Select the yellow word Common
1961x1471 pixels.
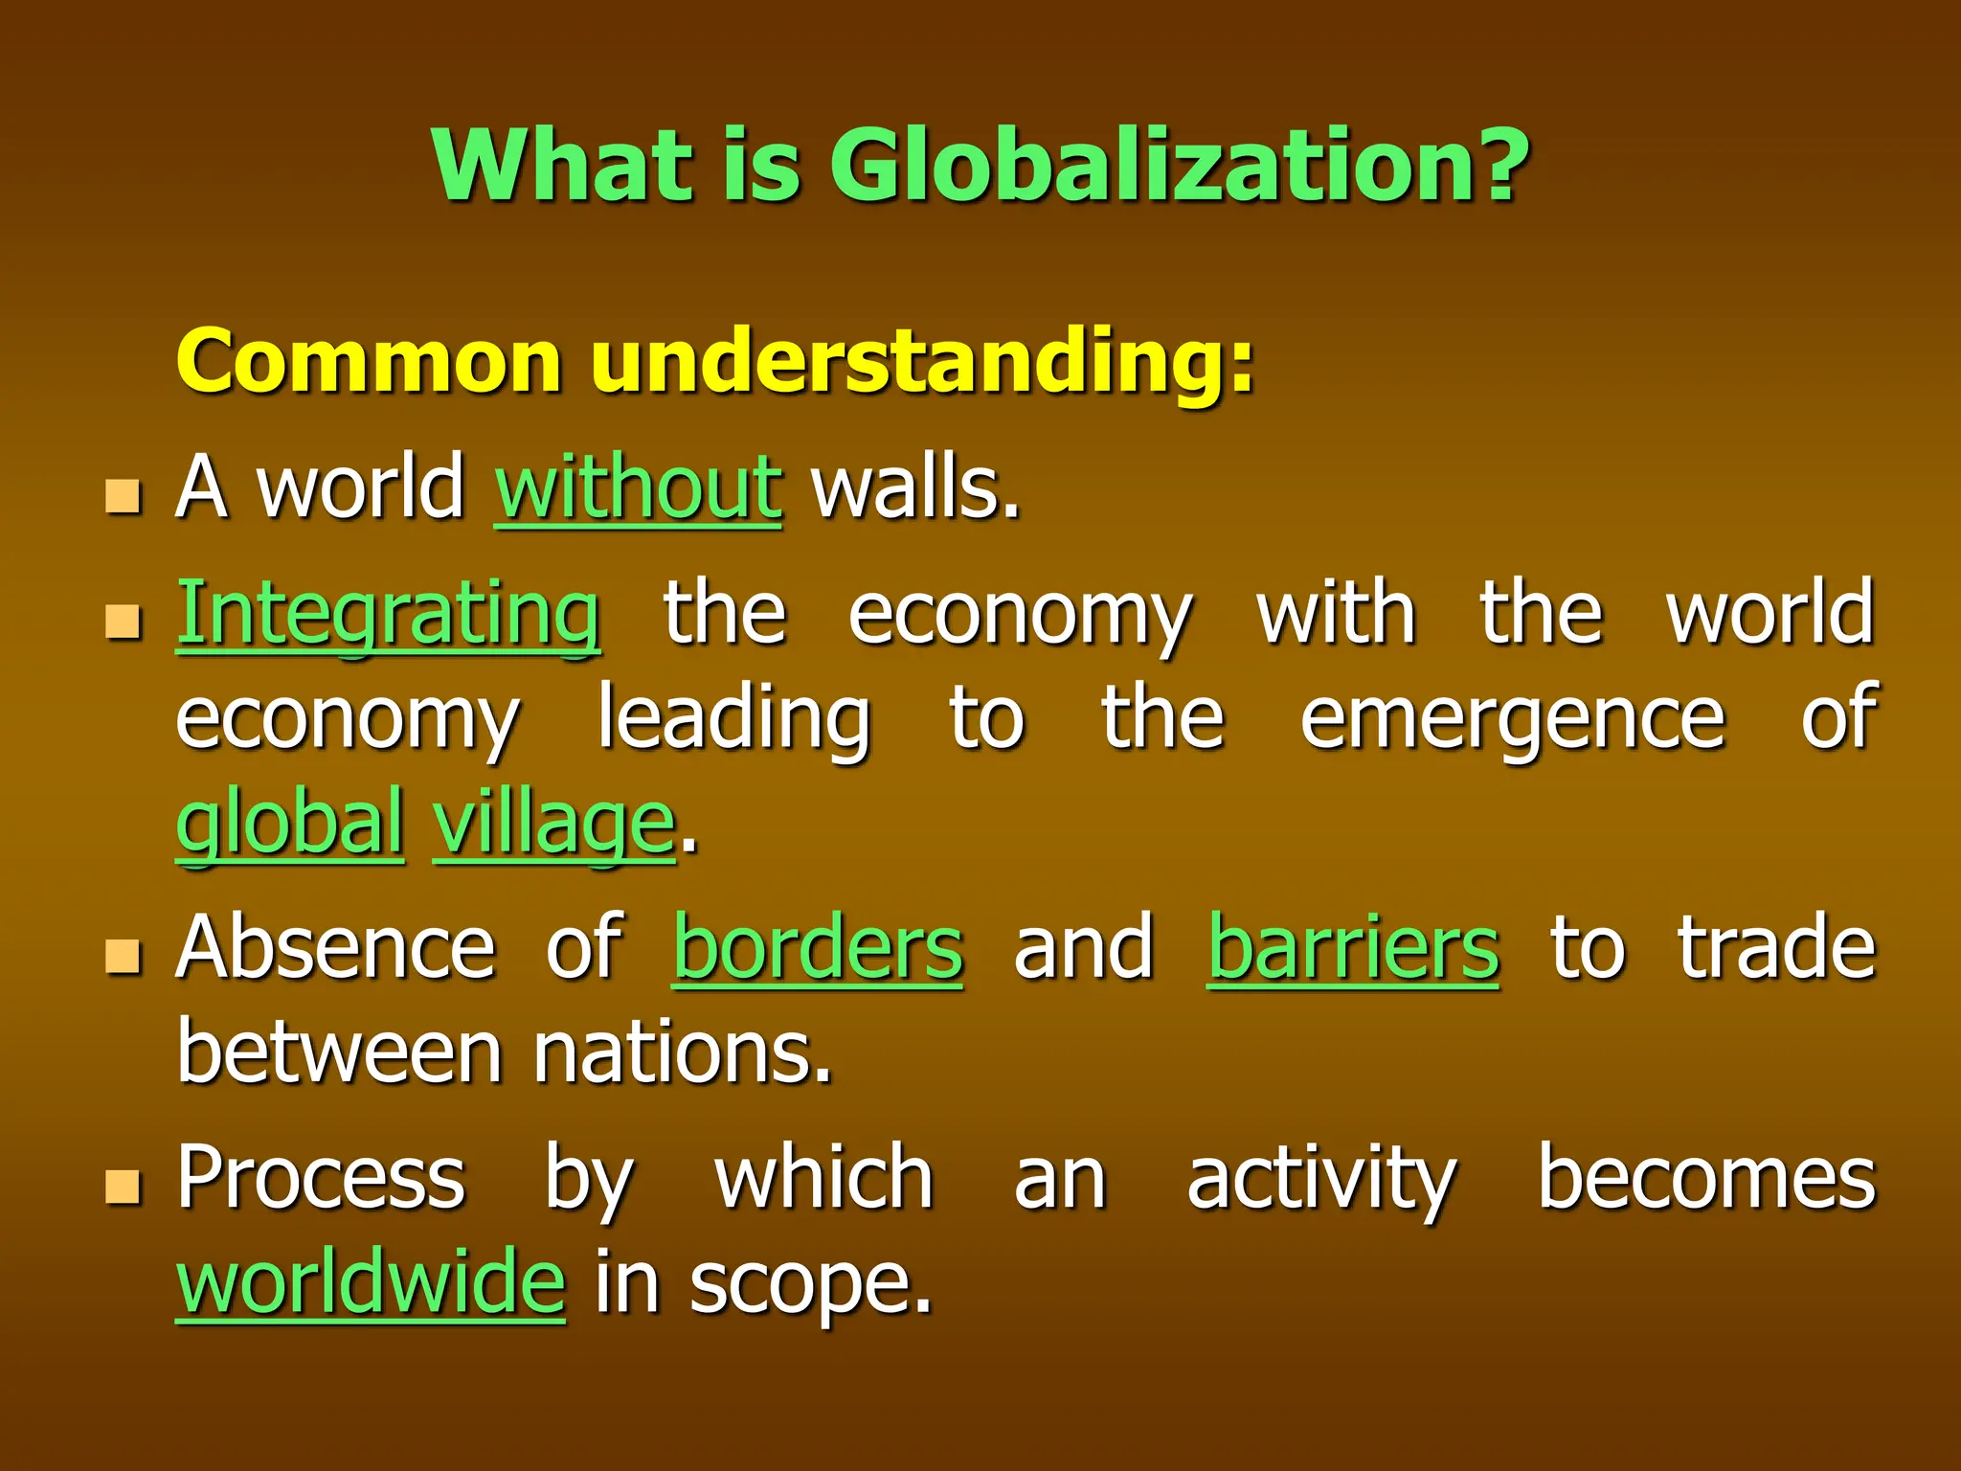(369, 362)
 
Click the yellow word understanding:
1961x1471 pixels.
(922, 362)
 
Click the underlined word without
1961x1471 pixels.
(639, 488)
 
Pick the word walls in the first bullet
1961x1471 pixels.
(914, 488)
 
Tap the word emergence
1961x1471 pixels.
(1513, 718)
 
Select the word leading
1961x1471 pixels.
(734, 718)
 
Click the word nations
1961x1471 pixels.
(682, 1053)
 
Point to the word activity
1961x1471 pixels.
(1321, 1180)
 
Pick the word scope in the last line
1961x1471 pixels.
(809, 1283)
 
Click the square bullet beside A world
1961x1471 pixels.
(124, 496)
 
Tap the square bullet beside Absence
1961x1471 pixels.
(124, 955)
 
